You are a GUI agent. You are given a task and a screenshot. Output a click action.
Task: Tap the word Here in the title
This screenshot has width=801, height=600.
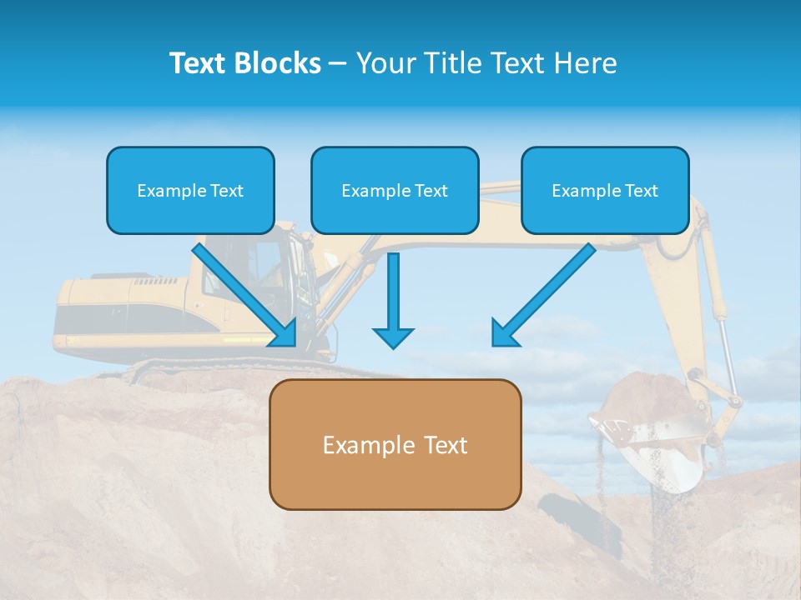[586, 63]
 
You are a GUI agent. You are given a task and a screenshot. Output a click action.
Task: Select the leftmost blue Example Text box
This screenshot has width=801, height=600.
[190, 190]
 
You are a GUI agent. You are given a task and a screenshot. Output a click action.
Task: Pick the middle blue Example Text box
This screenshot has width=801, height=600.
[395, 190]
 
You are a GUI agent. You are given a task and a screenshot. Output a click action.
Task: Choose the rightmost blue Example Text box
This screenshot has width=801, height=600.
[605, 190]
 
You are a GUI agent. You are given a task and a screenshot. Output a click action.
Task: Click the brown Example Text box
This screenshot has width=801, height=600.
[395, 444]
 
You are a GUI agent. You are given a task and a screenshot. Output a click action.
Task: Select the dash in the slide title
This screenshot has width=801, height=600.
[338, 64]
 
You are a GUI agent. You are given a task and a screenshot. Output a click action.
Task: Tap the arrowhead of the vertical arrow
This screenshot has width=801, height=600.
[393, 337]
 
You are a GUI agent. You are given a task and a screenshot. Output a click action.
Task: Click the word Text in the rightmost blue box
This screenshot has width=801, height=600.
[642, 191]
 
